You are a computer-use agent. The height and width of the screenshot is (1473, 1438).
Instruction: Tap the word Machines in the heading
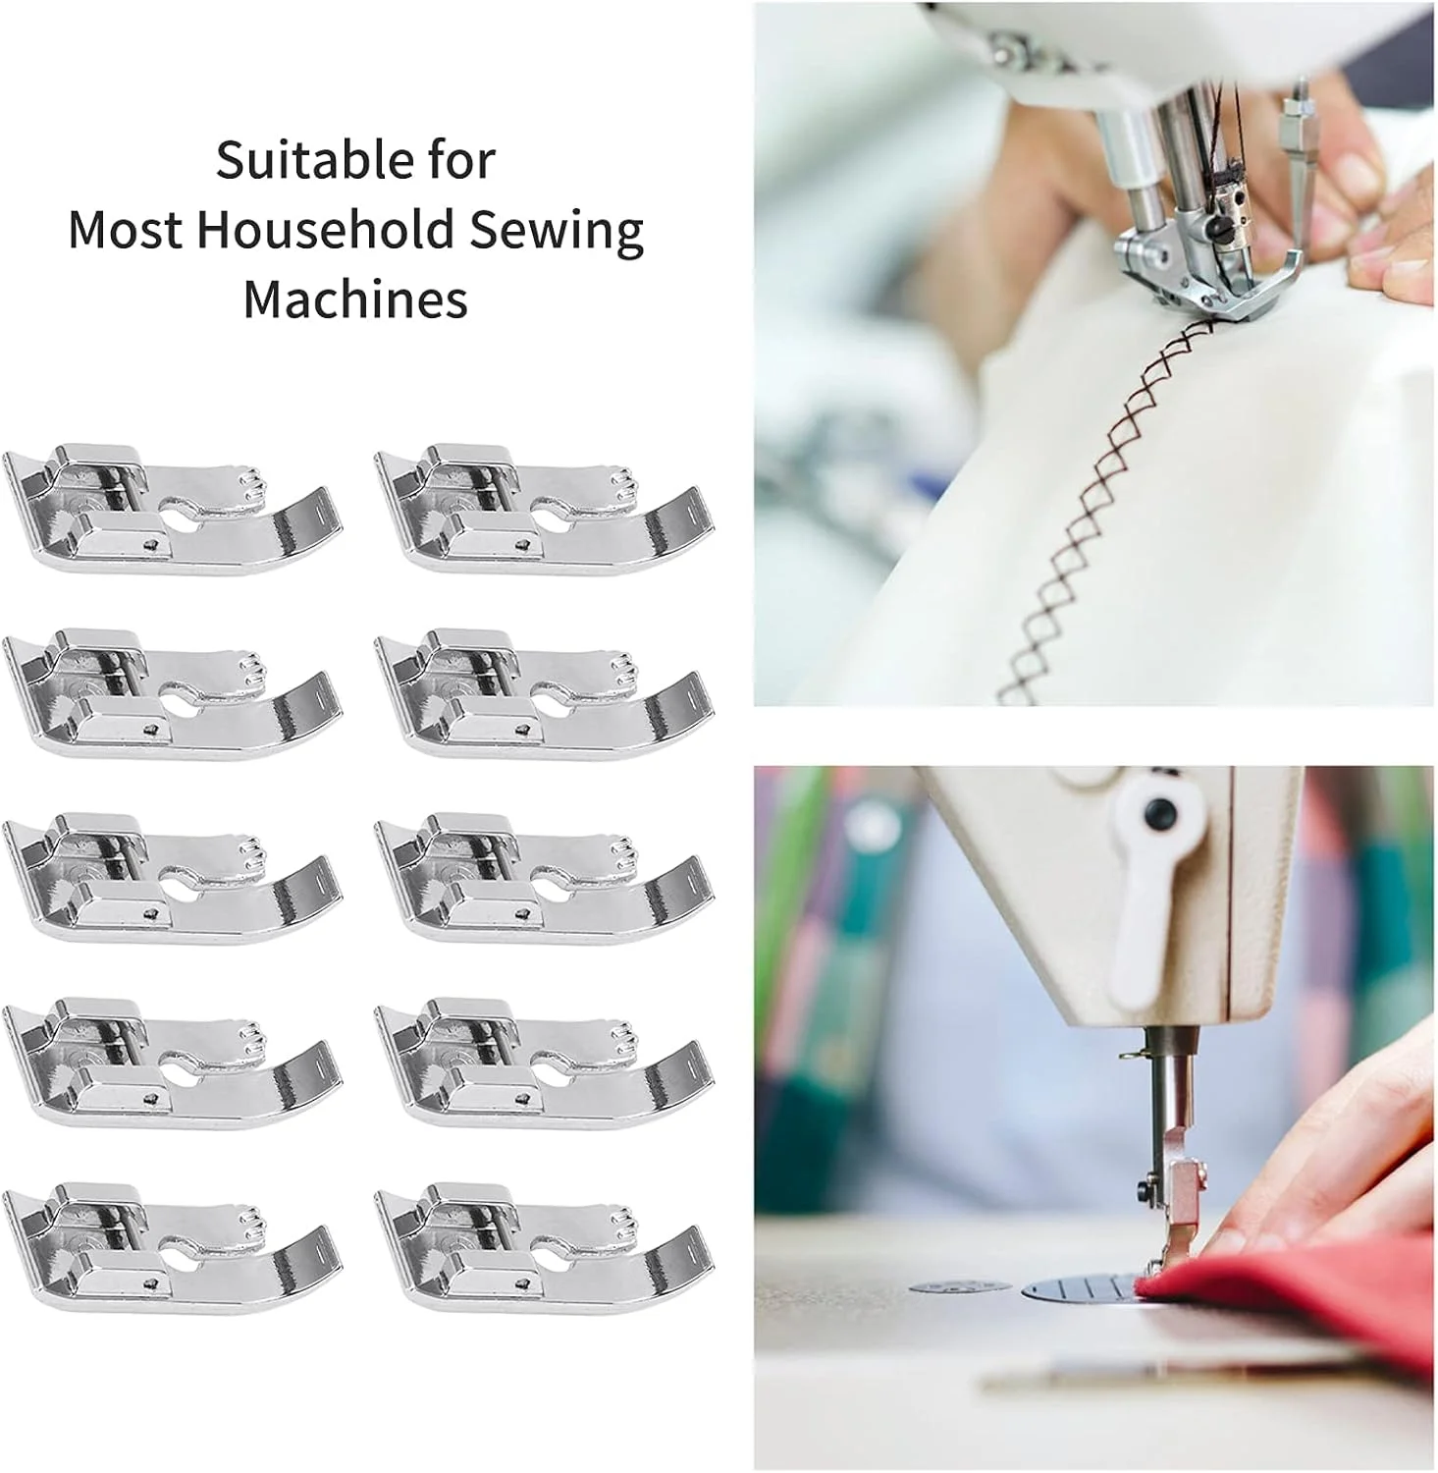coord(355,300)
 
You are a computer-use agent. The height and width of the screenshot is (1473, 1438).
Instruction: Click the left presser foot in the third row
coord(173,877)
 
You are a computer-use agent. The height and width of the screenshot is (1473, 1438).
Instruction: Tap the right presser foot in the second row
coord(545,692)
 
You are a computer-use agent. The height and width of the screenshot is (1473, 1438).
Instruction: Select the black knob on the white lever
coord(1160,812)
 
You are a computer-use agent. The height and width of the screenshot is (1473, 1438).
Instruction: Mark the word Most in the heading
coord(125,230)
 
